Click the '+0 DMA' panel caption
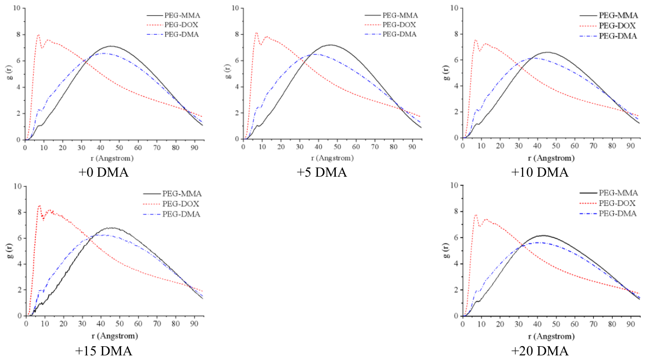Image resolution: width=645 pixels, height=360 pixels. (x=103, y=173)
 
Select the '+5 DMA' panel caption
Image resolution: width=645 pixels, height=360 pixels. (x=321, y=173)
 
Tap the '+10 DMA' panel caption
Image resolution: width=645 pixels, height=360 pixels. (x=540, y=173)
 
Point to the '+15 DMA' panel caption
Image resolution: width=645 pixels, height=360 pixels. (x=103, y=351)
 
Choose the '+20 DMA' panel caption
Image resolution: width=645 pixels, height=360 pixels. (x=540, y=351)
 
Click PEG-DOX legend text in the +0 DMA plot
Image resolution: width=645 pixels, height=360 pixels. (x=181, y=25)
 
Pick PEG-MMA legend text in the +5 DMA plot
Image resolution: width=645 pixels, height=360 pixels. (x=400, y=15)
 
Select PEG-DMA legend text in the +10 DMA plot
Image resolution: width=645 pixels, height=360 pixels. (x=618, y=36)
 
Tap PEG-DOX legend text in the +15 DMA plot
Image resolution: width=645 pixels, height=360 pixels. (x=181, y=204)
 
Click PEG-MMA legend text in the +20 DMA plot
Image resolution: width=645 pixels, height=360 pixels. (x=618, y=193)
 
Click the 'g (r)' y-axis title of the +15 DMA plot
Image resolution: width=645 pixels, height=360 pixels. (x=11, y=251)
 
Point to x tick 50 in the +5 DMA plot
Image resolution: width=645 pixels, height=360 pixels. (x=337, y=147)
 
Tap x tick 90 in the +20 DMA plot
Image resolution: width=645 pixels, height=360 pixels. (x=631, y=324)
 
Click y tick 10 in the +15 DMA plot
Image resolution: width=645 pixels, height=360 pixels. (x=17, y=186)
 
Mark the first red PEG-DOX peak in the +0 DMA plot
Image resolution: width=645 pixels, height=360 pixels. (x=38, y=34)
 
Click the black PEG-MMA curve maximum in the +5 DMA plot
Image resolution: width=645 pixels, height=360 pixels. (x=331, y=45)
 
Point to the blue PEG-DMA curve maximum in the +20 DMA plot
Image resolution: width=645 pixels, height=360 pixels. (x=537, y=243)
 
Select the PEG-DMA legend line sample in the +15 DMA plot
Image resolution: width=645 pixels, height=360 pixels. (x=151, y=214)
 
